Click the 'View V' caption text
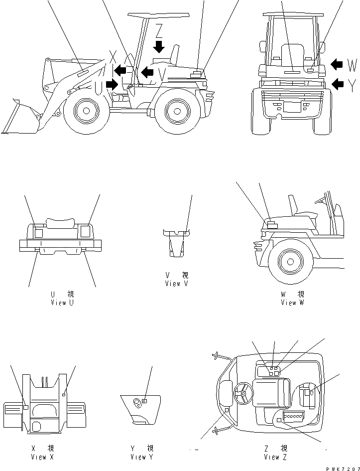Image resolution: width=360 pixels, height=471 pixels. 176,283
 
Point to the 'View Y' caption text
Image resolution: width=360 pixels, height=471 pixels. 142,457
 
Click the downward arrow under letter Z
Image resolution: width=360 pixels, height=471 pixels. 159,46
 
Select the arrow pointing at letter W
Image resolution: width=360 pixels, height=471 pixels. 337,64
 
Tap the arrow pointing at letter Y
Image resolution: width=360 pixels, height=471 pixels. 337,84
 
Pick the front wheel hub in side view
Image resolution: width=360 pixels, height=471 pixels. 86,111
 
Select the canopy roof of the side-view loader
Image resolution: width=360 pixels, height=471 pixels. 159,17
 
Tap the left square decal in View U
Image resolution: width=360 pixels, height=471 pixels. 38,231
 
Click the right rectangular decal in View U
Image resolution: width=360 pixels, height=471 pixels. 85,231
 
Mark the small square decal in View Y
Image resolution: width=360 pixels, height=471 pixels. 144,400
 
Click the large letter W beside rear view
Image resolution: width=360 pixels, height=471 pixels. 352,65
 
